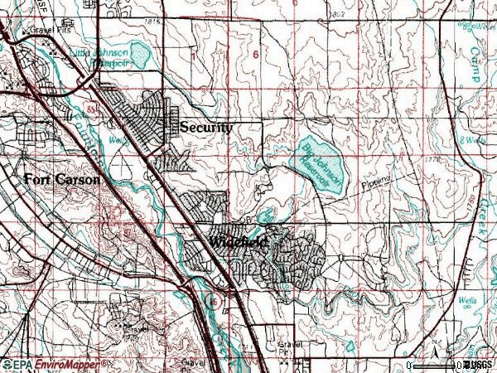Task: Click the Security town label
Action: tap(206, 128)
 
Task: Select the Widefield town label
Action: tap(238, 242)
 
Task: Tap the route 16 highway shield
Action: tap(213, 296)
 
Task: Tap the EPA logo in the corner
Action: tap(13, 365)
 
